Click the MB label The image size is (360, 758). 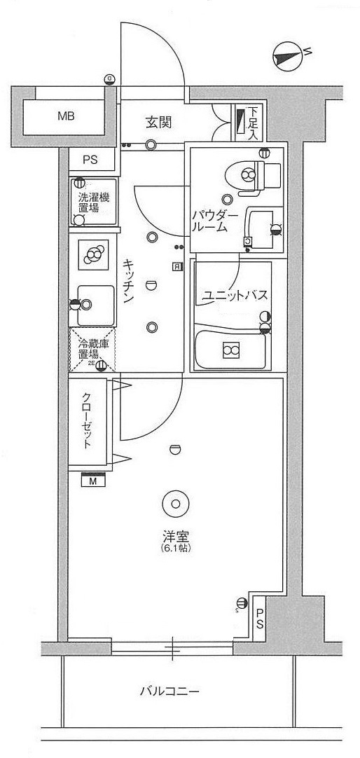point(67,116)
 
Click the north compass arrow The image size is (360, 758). point(288,56)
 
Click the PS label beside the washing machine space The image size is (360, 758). point(90,160)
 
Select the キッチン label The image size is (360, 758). point(129,280)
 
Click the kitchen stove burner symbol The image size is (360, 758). point(92,256)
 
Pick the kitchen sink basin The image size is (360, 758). point(95,305)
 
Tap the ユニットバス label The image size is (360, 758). point(234,296)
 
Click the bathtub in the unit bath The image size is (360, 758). point(231,348)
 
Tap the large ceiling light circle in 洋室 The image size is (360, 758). point(174,502)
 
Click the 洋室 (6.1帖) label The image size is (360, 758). point(174,540)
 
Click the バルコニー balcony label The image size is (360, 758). point(170,691)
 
